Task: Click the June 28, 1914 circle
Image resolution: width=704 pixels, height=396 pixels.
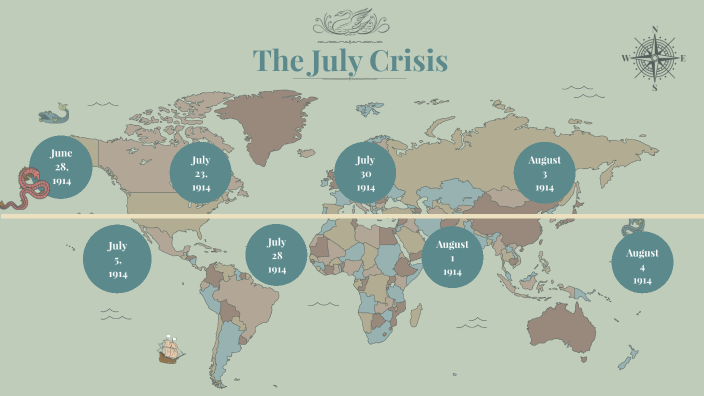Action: [61, 167]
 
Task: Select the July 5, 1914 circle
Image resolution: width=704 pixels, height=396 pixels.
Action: [117, 259]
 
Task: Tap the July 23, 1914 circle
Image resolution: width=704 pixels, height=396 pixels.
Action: [201, 173]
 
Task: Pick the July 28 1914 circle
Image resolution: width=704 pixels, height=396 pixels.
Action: [276, 255]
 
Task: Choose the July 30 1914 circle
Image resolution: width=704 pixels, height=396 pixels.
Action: [365, 173]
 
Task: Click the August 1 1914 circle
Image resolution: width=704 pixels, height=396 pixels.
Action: [452, 258]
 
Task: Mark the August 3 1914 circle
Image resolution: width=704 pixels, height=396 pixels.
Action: [544, 173]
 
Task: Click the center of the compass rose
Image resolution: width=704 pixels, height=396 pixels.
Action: [655, 58]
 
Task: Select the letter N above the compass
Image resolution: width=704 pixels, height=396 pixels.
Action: [655, 30]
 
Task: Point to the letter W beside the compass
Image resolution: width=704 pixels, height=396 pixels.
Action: [626, 58]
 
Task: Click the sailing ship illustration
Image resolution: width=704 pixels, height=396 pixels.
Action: [169, 349]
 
